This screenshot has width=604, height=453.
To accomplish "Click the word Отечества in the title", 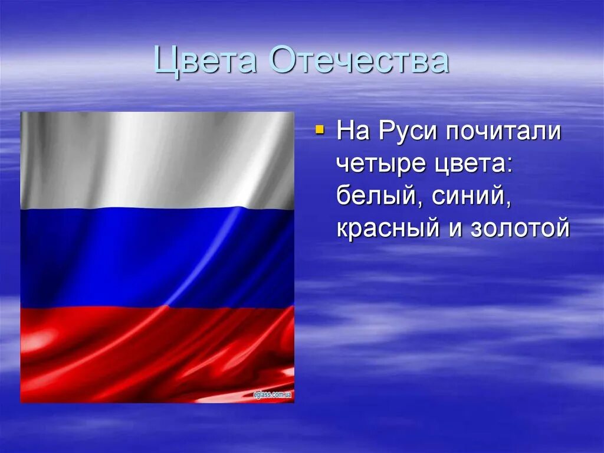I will pos(359,61).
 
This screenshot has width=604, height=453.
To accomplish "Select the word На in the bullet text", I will pos(353,132).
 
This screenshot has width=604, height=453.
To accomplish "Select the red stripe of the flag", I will pos(157,354).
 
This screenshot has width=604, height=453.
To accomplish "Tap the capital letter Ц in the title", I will pos(166,62).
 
